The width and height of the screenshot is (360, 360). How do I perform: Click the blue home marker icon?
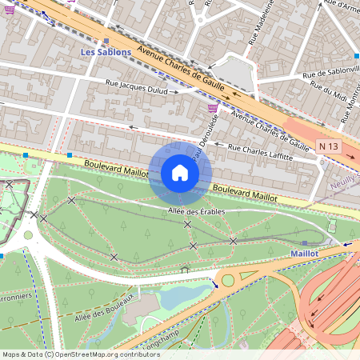point(180,173)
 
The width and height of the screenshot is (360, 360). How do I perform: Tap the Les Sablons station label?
point(106,52)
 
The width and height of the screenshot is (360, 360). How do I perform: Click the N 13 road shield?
point(327,146)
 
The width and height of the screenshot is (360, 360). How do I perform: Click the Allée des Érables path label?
point(196,212)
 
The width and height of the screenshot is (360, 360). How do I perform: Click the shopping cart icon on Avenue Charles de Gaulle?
point(212,108)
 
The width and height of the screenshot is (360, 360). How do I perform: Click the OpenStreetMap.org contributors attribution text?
point(108,354)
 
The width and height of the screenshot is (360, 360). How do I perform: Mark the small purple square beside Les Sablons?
point(106,40)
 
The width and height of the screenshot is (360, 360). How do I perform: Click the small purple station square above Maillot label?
point(304,242)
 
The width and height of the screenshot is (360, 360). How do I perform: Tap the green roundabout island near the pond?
point(228,281)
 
